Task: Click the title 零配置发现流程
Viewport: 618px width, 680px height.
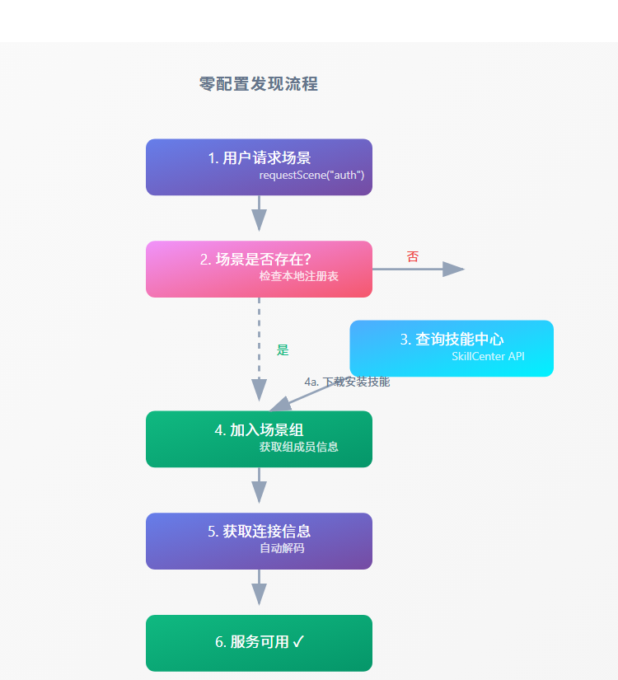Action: point(259,84)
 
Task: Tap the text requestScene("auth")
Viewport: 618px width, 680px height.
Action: point(311,176)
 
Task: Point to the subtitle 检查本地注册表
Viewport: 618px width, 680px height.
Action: point(298,277)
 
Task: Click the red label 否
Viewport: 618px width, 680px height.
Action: point(413,256)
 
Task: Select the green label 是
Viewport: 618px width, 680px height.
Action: point(283,349)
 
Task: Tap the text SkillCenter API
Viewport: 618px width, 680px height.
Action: point(488,357)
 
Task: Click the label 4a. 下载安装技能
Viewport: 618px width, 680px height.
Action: point(347,382)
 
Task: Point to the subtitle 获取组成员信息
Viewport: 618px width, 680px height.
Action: point(298,447)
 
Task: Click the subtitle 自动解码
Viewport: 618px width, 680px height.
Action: point(282,548)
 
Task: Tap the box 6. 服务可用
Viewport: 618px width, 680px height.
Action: point(259,642)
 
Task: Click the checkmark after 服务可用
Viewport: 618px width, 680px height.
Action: point(298,642)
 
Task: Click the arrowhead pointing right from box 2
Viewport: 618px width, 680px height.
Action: point(454,269)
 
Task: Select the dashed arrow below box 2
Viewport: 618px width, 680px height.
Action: point(259,346)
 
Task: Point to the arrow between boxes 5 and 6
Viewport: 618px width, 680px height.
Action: point(259,590)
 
